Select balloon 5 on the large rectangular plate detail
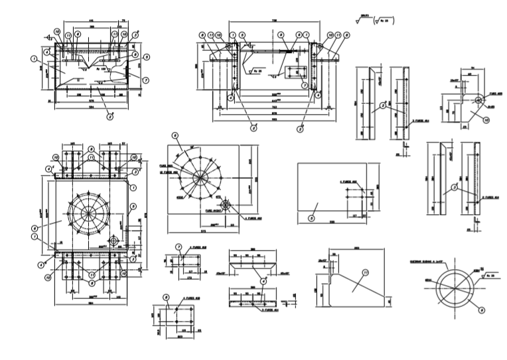tap(311, 217)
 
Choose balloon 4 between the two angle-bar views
tap(263, 280)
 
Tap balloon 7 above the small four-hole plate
tap(179, 247)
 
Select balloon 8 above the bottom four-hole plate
tap(167, 297)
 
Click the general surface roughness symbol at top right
tap(375, 20)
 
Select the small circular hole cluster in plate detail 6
tap(226, 206)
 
